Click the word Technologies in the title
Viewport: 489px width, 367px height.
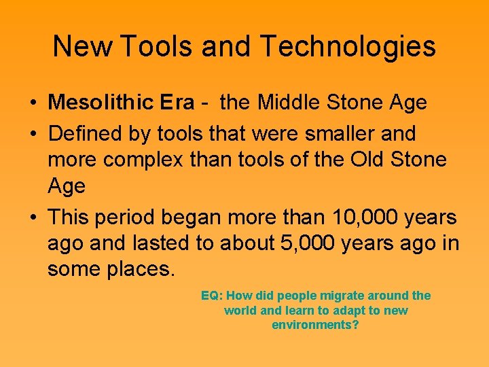pos(347,46)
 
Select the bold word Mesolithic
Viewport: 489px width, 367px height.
pos(101,103)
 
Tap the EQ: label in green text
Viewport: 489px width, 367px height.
pos(212,296)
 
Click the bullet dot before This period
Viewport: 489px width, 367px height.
pos(33,218)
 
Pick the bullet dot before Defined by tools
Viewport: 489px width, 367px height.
pos(33,135)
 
